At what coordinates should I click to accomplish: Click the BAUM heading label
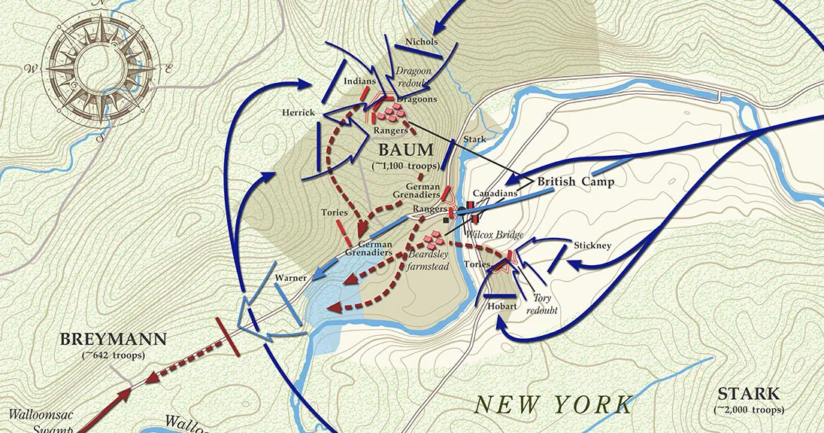coord(407,149)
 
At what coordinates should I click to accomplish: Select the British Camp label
coord(575,181)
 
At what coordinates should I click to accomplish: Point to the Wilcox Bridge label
coord(494,235)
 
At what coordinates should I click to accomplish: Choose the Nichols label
coord(421,41)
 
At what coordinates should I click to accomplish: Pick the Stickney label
coord(592,245)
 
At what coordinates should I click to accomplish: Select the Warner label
coord(290,278)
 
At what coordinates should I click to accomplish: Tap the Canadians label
coord(495,194)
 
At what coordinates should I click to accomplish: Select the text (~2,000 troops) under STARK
coord(749,410)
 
